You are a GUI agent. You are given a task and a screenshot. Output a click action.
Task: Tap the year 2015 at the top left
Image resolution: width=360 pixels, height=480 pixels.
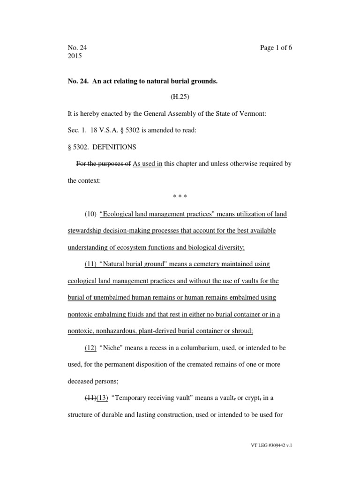[x=75, y=56]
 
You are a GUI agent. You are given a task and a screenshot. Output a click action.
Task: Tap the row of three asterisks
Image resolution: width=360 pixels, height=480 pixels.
[x=180, y=197]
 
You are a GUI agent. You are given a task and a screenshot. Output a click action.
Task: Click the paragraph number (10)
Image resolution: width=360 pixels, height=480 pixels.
[x=90, y=214]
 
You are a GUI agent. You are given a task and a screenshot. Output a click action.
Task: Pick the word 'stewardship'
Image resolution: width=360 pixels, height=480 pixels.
[x=85, y=231]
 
